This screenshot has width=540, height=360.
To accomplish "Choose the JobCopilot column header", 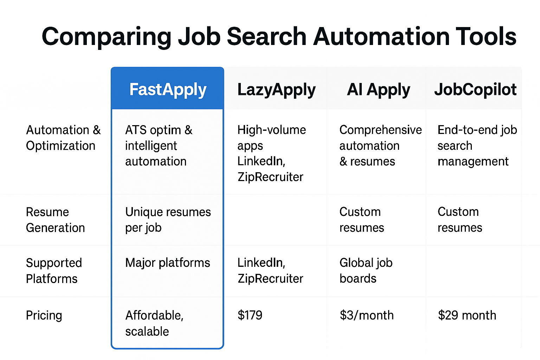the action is pyautogui.click(x=475, y=89).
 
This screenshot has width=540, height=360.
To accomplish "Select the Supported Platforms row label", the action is pyautogui.click(x=54, y=271).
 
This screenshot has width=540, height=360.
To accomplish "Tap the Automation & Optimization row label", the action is pyautogui.click(x=63, y=138).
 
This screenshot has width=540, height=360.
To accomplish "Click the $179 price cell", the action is pyautogui.click(x=250, y=315).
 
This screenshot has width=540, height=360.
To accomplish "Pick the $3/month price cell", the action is pyautogui.click(x=367, y=315).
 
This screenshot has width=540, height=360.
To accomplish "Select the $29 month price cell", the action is pyautogui.click(x=467, y=315).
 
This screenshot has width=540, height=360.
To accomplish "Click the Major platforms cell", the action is pyautogui.click(x=168, y=263).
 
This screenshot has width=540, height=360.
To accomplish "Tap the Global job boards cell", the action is pyautogui.click(x=366, y=271).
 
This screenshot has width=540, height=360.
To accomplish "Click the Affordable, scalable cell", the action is pyautogui.click(x=154, y=323).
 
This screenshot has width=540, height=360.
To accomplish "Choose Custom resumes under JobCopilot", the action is pyautogui.click(x=460, y=220).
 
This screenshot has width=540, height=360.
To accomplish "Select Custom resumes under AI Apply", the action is pyautogui.click(x=362, y=220).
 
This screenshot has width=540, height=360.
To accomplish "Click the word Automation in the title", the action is pyautogui.click(x=381, y=37).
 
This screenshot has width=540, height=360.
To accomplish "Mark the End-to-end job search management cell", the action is pyautogui.click(x=477, y=146).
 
